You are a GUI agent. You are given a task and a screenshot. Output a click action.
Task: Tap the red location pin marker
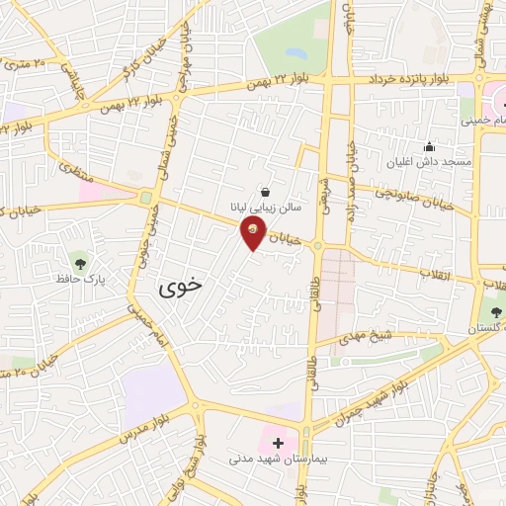tap(253, 235)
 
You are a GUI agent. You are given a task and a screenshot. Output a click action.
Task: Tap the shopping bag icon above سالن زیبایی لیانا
tap(265, 192)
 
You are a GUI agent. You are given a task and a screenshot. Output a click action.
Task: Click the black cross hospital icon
tap(278, 444)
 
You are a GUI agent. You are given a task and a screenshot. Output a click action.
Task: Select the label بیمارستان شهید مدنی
tap(279, 461)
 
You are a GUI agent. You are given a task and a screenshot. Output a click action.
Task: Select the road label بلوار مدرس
tap(127, 424)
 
